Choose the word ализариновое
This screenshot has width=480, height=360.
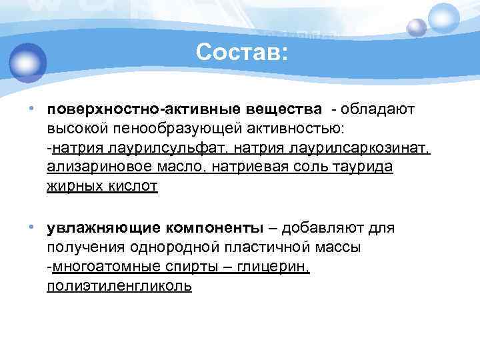pyautogui.click(x=94, y=166)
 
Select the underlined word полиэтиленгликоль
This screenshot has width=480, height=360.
pyautogui.click(x=119, y=287)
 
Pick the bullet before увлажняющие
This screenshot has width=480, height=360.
pyautogui.click(x=32, y=228)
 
